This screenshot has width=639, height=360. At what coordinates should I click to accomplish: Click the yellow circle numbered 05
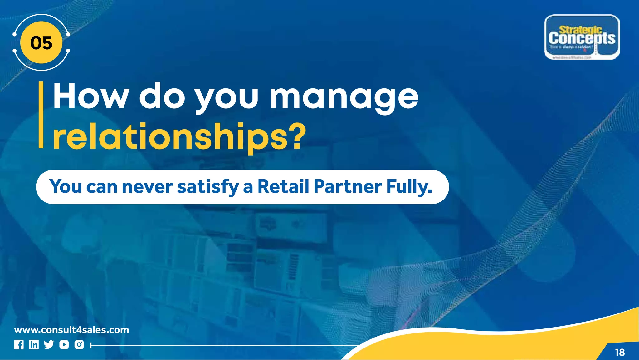coord(41,43)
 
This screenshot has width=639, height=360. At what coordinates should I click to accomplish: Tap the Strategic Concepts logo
coord(582,37)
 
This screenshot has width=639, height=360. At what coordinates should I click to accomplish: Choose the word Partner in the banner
coord(347,187)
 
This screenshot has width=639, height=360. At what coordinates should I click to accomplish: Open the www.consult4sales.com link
coord(71,330)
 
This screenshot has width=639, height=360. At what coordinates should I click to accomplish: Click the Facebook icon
coord(19,345)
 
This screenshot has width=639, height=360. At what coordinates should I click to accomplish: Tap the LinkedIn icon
coord(34,345)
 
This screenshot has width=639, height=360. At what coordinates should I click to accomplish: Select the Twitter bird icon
coord(49,345)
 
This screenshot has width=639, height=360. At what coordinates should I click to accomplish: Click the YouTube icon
coord(64,345)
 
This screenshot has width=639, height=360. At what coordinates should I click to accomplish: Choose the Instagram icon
coord(79,345)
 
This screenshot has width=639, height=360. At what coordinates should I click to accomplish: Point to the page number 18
coord(620,353)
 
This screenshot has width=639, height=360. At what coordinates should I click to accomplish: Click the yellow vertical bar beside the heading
coord(41,115)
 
